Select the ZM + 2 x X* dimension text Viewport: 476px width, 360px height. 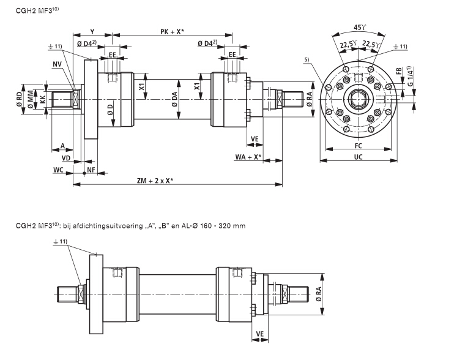[x=155, y=181]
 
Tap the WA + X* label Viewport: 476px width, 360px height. [x=248, y=157]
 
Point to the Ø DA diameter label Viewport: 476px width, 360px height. [x=175, y=100]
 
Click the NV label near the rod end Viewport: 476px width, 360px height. [x=57, y=64]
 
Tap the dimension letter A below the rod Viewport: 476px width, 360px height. [x=63, y=146]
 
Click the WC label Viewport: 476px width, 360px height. [x=59, y=168]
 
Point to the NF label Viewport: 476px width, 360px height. [x=91, y=168]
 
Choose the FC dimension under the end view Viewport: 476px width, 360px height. [x=358, y=147]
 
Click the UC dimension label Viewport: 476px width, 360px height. [x=358, y=157]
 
